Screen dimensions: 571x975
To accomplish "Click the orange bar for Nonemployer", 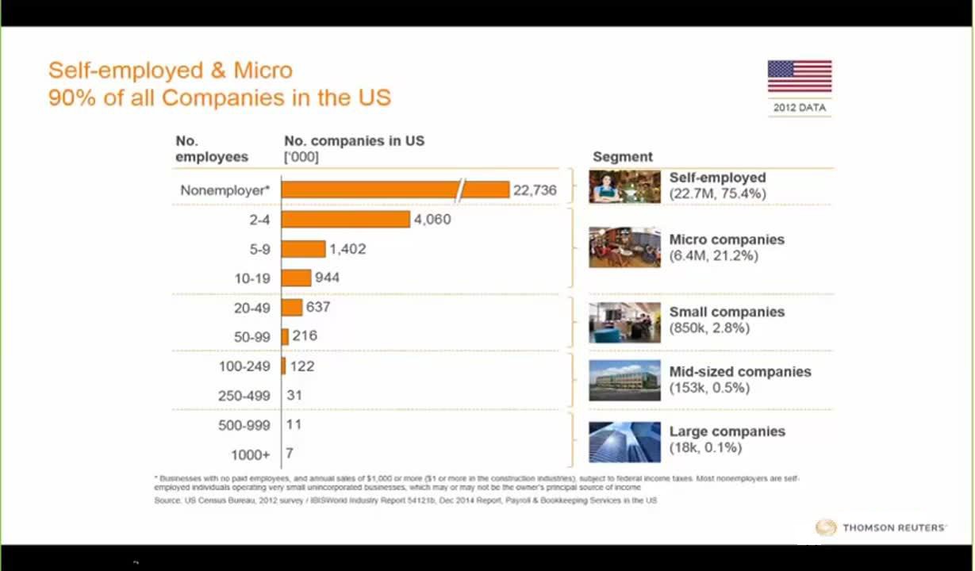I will tap(394, 190).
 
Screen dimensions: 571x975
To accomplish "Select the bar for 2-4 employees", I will tap(345, 220).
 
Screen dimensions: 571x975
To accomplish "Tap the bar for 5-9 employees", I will tap(303, 249).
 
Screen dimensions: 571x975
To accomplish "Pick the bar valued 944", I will tap(296, 278).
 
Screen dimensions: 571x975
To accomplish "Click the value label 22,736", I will tap(535, 190).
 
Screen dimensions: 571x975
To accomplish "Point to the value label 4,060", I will tap(432, 220).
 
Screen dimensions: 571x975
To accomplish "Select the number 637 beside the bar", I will tap(318, 307).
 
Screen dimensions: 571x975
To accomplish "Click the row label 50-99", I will tap(252, 337).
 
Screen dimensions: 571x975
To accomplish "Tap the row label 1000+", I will tap(251, 455).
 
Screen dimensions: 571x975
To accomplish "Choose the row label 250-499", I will tap(244, 396).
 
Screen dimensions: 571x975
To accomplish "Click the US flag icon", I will tap(799, 77).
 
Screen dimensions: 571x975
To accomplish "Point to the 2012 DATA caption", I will tap(799, 108).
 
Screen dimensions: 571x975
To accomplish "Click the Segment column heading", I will tap(623, 157).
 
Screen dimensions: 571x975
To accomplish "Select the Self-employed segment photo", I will tap(624, 187).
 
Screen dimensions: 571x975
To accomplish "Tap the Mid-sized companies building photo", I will tap(624, 381).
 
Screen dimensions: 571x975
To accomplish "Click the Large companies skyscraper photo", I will tap(624, 441).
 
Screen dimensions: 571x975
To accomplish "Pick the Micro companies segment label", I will tap(727, 240).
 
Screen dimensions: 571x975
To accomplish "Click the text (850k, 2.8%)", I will tap(709, 328).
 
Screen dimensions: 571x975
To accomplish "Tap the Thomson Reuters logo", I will tap(881, 527).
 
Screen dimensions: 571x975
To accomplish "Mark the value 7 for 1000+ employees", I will tap(290, 453).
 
